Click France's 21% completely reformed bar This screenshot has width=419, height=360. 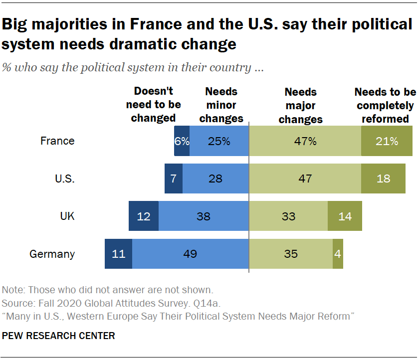click(x=387, y=141)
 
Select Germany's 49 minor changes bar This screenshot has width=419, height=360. click(x=190, y=254)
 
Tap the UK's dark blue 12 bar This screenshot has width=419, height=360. click(x=144, y=216)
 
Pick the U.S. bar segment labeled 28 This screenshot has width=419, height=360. click(x=215, y=179)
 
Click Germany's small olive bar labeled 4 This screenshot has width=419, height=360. click(x=338, y=254)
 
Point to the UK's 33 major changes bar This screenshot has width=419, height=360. click(x=288, y=216)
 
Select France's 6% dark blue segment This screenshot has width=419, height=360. click(x=182, y=141)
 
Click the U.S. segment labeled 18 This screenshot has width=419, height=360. click(x=383, y=179)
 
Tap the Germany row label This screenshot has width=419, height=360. click(x=52, y=254)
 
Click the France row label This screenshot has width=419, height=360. click(x=57, y=141)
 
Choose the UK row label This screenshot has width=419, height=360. click(x=67, y=216)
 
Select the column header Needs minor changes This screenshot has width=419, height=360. click(x=221, y=105)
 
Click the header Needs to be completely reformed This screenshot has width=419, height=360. click(x=385, y=105)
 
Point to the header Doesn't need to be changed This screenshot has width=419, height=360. click(x=153, y=105)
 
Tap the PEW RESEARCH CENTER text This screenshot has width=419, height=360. click(x=58, y=336)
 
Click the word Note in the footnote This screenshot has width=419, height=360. click(x=13, y=290)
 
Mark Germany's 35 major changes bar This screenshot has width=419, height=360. click(x=290, y=254)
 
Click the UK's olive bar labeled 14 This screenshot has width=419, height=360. click(x=345, y=216)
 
